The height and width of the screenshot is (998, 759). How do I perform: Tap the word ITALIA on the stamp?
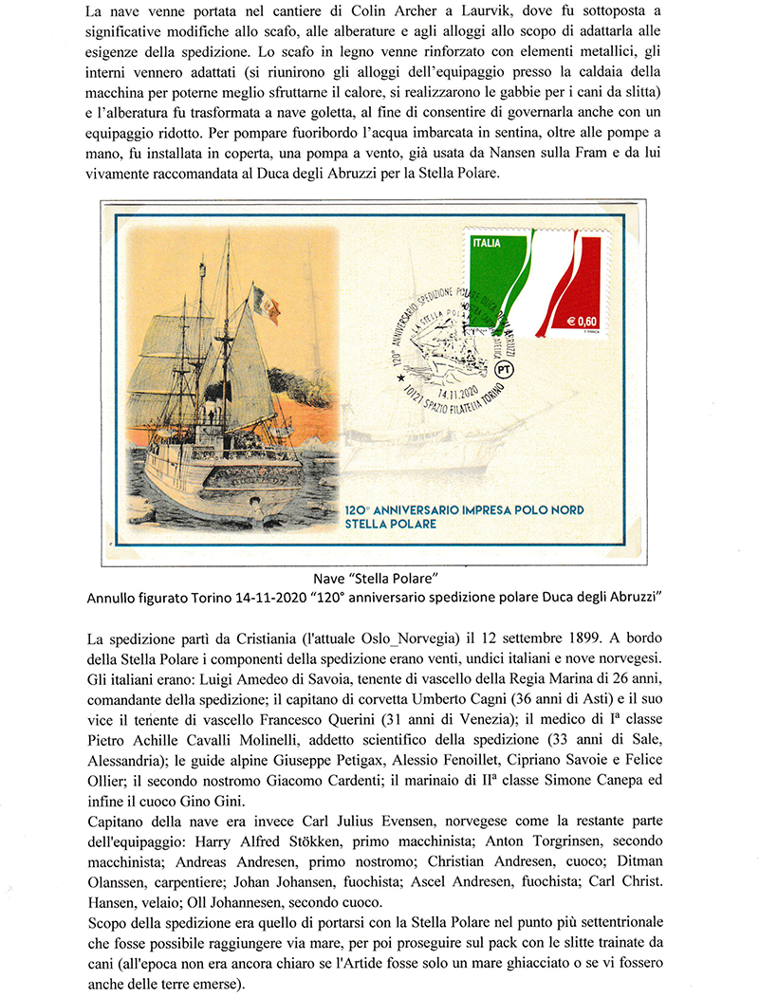[487, 244]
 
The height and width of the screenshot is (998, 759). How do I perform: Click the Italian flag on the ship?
[265, 305]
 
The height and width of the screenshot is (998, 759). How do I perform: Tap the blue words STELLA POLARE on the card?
[391, 524]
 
